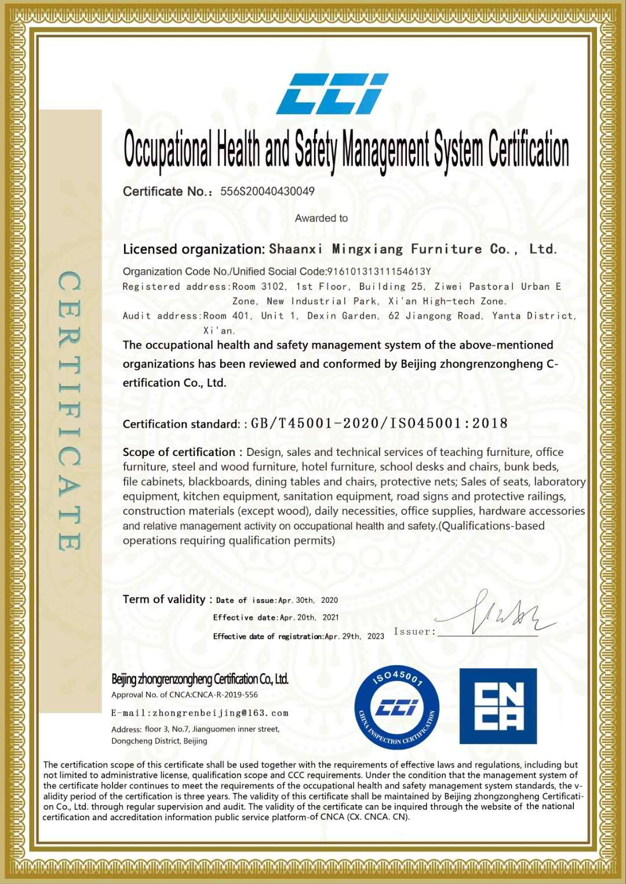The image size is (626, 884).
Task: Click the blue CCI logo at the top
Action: (x=332, y=93)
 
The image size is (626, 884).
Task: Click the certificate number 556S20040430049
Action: (x=267, y=191)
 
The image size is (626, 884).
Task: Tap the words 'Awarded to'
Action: (x=321, y=218)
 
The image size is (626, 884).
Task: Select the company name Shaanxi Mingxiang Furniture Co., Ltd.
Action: (x=413, y=249)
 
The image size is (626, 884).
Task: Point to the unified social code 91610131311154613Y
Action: (x=379, y=271)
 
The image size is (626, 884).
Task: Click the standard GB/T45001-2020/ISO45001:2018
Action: (x=379, y=423)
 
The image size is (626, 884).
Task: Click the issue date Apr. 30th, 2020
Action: (x=308, y=600)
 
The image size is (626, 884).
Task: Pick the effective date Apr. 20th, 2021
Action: (x=309, y=618)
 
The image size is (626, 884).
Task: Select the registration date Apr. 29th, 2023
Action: (x=354, y=636)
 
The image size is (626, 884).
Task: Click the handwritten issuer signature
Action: (x=498, y=615)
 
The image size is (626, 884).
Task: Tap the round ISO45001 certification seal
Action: (x=397, y=707)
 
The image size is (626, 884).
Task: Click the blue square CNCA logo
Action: (x=498, y=706)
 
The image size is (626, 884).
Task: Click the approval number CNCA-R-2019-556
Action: (x=225, y=694)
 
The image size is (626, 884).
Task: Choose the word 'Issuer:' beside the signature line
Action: (x=414, y=632)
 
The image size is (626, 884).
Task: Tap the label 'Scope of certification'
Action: (x=179, y=452)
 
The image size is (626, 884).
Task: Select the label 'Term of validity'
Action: (x=164, y=599)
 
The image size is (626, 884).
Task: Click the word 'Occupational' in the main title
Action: (x=168, y=150)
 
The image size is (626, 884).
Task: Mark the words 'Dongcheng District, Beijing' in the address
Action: (x=159, y=741)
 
